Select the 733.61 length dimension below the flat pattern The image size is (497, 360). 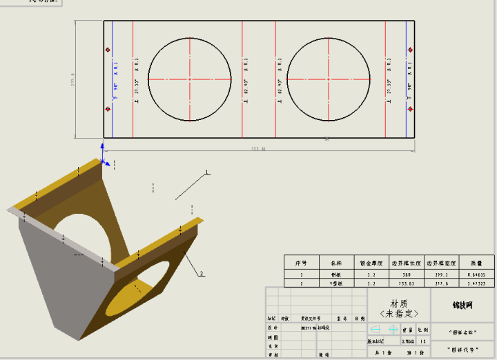[x=258, y=148]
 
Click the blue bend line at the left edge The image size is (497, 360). [x=112, y=79]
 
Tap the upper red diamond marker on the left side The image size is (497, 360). [x=107, y=50]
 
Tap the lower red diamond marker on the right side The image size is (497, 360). [x=411, y=109]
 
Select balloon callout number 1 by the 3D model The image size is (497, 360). [x=206, y=172]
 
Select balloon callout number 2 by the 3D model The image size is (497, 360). [x=202, y=274]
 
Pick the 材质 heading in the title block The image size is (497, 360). [x=399, y=303]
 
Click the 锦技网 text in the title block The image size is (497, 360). [x=462, y=303]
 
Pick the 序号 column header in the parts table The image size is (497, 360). [x=301, y=263]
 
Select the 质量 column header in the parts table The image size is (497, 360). [x=477, y=263]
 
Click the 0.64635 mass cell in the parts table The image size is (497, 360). [x=477, y=274]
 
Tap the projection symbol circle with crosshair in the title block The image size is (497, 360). [x=393, y=330]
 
